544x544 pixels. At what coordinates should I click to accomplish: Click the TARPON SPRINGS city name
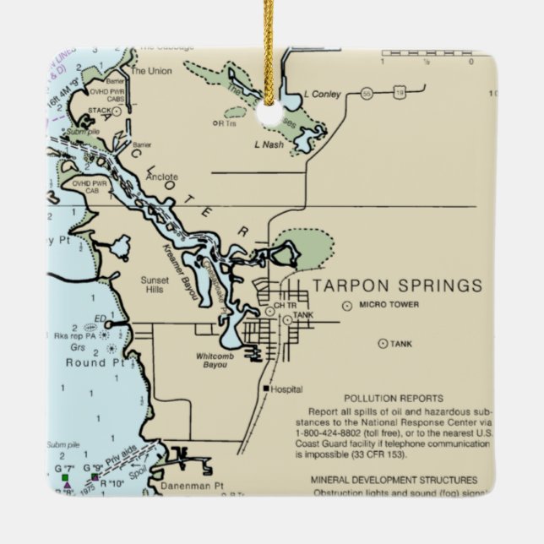point(397,285)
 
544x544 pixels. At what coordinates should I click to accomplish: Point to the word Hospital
point(287,389)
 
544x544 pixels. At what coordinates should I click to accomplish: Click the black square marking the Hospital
point(266,389)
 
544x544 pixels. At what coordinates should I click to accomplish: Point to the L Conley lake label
point(322,95)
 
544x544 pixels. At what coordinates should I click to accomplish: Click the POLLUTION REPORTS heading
point(394,397)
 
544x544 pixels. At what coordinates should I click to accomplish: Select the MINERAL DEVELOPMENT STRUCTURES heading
point(394,479)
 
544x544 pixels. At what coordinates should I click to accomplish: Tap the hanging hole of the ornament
point(271,114)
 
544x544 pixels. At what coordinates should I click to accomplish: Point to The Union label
point(150,71)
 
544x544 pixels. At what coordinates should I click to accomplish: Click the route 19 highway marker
point(398,91)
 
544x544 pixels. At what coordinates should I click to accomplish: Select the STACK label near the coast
point(99,110)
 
